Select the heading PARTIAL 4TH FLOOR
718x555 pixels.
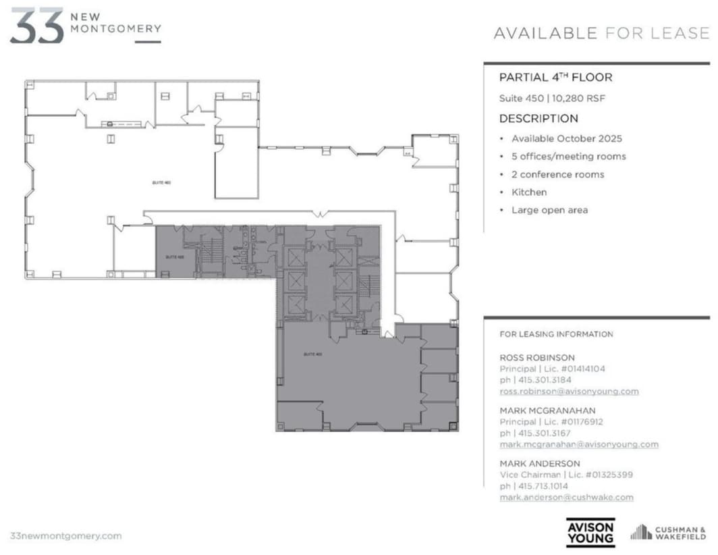point(555,77)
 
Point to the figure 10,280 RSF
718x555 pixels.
point(578,98)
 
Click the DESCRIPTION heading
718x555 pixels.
point(538,119)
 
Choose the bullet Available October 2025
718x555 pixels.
point(566,138)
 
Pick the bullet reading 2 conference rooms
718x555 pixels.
point(557,174)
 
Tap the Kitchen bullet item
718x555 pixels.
point(529,192)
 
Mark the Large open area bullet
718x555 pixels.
point(549,210)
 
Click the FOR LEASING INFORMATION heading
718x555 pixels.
point(556,334)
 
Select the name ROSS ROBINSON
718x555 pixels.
point(537,357)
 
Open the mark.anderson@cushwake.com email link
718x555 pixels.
point(566,497)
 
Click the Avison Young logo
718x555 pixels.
point(590,532)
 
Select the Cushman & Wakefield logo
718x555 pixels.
point(668,533)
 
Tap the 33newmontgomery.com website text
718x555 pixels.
point(66,535)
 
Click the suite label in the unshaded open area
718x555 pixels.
point(159,183)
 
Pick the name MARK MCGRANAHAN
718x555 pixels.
point(547,410)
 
